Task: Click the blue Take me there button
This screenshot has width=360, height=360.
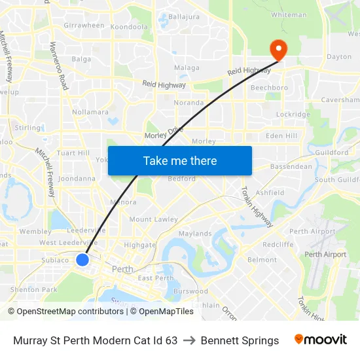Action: (180, 160)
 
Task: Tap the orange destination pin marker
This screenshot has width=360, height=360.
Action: (278, 50)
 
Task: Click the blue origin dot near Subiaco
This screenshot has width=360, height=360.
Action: (82, 260)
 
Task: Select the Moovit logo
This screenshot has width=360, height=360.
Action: (321, 340)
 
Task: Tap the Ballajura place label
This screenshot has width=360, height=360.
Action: (183, 16)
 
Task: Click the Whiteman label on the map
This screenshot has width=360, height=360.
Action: (289, 14)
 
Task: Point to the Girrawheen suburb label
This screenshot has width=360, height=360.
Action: (84, 26)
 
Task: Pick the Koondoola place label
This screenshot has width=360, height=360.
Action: (129, 27)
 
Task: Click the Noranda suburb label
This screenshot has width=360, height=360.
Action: (189, 103)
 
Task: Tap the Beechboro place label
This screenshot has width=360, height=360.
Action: (270, 87)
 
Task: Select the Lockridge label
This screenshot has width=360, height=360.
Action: (293, 115)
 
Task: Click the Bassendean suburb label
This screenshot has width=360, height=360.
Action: (291, 166)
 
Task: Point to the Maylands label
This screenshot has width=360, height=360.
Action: (195, 234)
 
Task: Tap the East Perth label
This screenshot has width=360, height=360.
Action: (156, 278)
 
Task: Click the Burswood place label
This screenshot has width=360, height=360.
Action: (190, 291)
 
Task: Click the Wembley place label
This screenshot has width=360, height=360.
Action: (35, 232)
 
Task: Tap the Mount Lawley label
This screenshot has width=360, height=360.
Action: (154, 219)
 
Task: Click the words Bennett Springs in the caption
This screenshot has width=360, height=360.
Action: (240, 340)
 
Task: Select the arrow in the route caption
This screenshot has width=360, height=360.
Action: (189, 340)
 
